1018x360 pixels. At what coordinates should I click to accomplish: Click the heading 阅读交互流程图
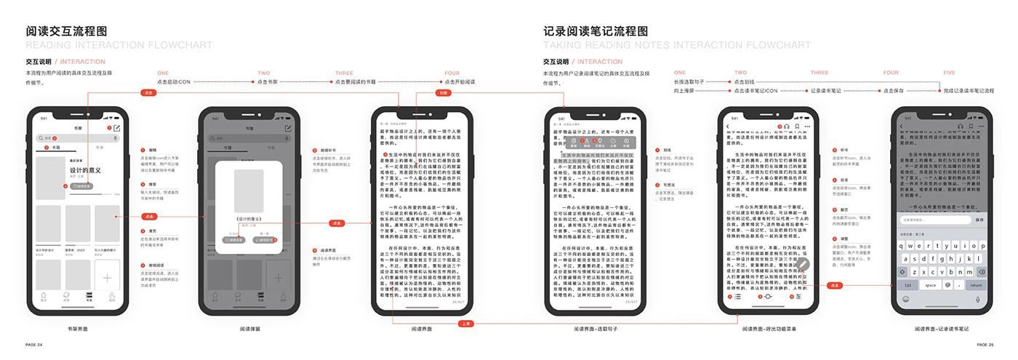66,32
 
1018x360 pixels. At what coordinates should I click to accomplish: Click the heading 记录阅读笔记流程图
596,32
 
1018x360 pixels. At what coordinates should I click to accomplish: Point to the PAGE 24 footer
34,344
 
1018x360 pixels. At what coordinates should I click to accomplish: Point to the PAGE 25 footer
985,344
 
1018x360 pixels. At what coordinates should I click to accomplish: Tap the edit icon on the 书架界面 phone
116,128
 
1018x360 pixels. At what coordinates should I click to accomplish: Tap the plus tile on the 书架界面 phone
107,277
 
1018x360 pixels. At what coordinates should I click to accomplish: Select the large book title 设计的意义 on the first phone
85,171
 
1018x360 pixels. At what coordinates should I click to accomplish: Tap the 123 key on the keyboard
907,285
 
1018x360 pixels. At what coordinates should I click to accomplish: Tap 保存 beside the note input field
979,220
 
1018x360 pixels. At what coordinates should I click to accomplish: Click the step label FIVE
948,73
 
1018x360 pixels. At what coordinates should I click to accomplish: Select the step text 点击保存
892,91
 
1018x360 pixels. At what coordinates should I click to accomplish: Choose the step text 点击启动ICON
174,82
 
